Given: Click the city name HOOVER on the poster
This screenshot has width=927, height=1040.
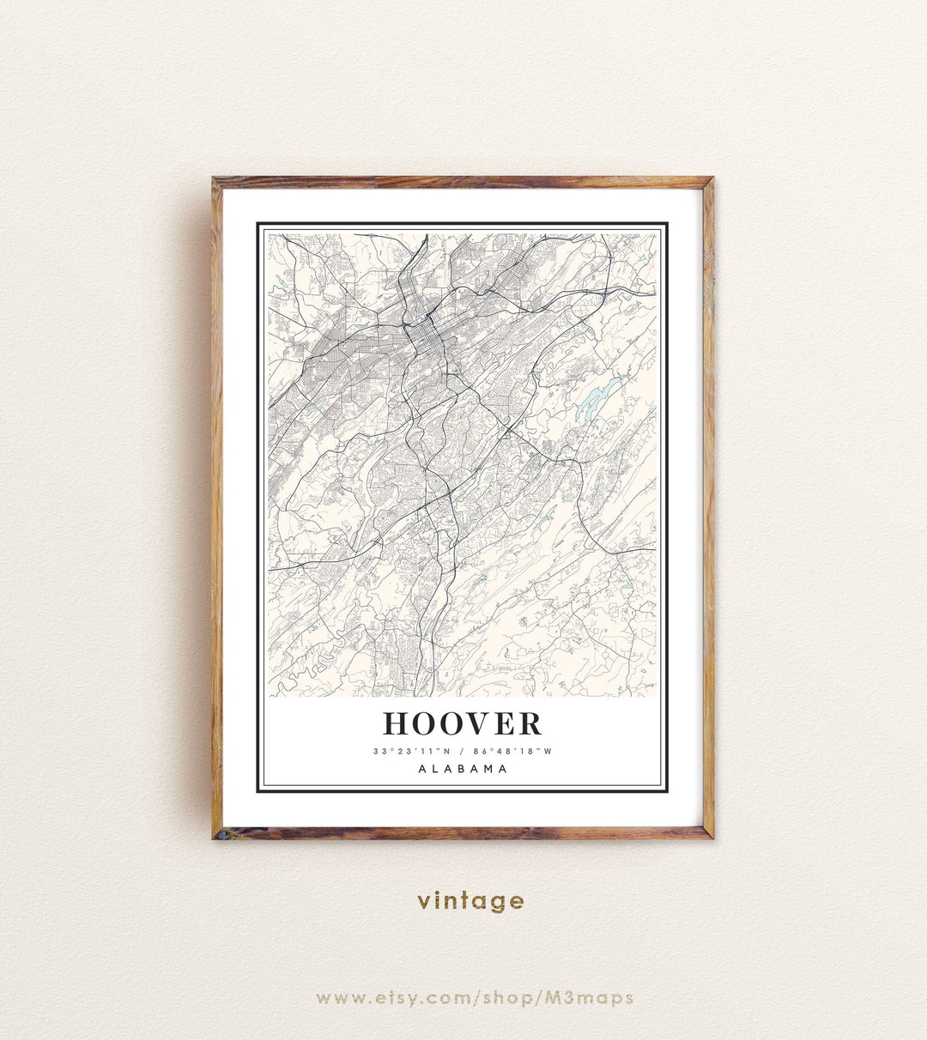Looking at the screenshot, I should (463, 723).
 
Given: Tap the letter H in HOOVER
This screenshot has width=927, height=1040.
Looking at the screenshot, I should (396, 723).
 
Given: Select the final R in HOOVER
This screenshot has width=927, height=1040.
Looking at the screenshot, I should (530, 723).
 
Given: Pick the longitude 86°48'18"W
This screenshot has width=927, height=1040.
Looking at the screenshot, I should (515, 752).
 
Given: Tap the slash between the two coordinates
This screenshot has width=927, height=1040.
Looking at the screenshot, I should (460, 752).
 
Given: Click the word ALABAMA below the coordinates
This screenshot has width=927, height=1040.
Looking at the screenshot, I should (463, 769).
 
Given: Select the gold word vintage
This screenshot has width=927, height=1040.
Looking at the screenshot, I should (470, 901).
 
